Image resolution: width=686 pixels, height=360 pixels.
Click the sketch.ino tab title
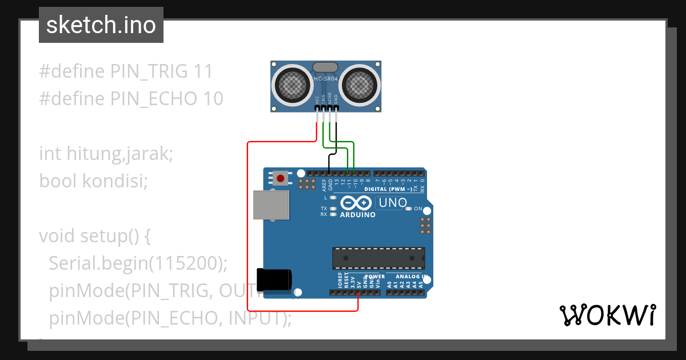[x=101, y=25]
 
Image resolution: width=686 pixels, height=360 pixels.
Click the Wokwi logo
[x=607, y=315]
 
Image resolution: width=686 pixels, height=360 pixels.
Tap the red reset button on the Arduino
[x=280, y=179]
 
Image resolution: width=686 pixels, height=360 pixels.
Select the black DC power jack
[x=274, y=279]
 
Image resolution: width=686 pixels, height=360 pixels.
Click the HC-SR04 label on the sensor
[x=326, y=78]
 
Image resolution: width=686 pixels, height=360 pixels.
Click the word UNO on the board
[x=393, y=203]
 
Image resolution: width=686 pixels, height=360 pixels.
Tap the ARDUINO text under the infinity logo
[x=358, y=215]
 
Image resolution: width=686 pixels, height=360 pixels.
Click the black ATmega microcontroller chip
[x=378, y=258]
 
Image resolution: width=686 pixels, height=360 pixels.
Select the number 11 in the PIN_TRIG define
[x=203, y=71]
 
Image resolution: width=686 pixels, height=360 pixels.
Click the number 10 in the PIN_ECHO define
[x=213, y=99]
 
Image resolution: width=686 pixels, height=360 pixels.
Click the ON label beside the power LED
[x=418, y=209]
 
